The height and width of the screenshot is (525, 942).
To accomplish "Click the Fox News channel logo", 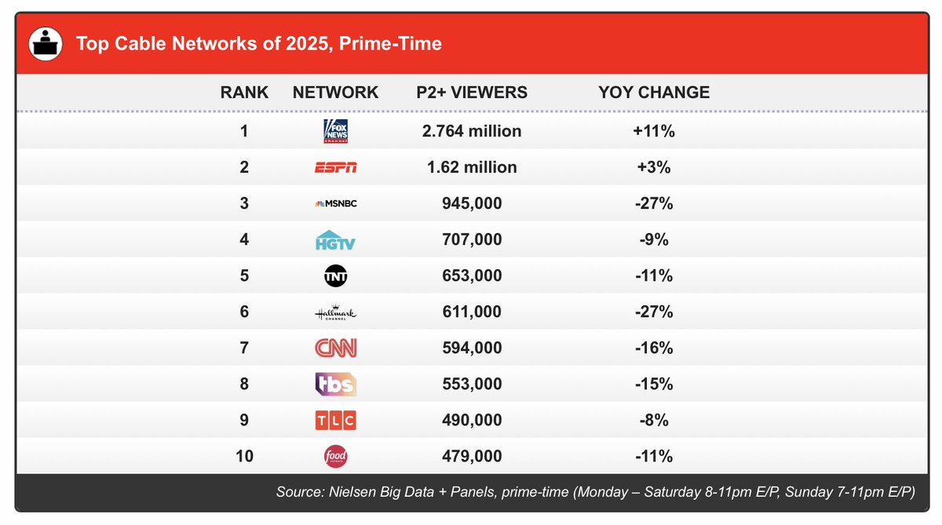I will coord(335,131).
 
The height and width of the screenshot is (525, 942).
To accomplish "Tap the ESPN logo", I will coord(335,167).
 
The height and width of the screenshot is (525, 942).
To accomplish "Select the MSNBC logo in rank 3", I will coord(335,204).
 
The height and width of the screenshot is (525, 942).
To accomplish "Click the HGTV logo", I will coord(335,240).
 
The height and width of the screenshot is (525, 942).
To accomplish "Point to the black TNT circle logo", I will coord(335,276).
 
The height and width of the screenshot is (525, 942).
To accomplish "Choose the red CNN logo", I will coord(335,348).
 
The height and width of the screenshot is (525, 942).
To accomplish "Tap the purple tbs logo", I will coord(335,384).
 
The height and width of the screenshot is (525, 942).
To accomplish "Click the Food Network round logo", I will coord(335,457).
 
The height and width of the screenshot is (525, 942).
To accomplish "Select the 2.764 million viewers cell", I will coord(471,131).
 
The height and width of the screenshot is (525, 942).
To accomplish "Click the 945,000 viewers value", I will coord(471,204).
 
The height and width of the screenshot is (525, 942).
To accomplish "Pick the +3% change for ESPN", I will coord(654,167).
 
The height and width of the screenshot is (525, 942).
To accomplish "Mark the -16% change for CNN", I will coord(654,348).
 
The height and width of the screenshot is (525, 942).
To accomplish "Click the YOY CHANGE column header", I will coord(654,93).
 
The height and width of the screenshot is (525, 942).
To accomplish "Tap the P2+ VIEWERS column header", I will coord(471,93).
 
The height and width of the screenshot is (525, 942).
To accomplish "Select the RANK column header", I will coord(244,93).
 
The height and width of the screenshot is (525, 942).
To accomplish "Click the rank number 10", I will coord(244,457).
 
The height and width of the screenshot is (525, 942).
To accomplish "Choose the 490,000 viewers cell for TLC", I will coord(471,421).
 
